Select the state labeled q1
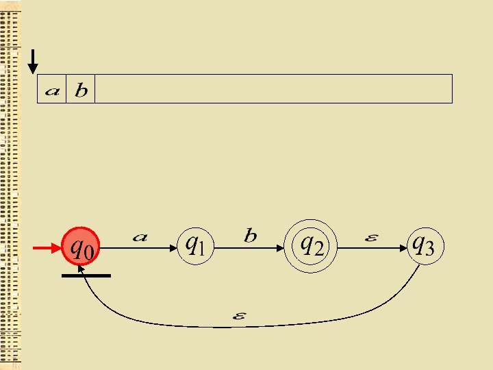[196, 245]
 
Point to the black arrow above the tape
[32, 62]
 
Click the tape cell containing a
[51, 90]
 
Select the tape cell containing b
[81, 90]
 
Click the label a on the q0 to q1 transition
[140, 237]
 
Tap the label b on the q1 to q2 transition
[251, 236]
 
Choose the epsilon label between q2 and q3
[370, 238]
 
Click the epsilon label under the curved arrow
[240, 316]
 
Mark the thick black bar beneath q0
[86, 275]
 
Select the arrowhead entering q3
[401, 249]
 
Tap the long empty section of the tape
[273, 89]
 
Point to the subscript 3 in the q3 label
[429, 249]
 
